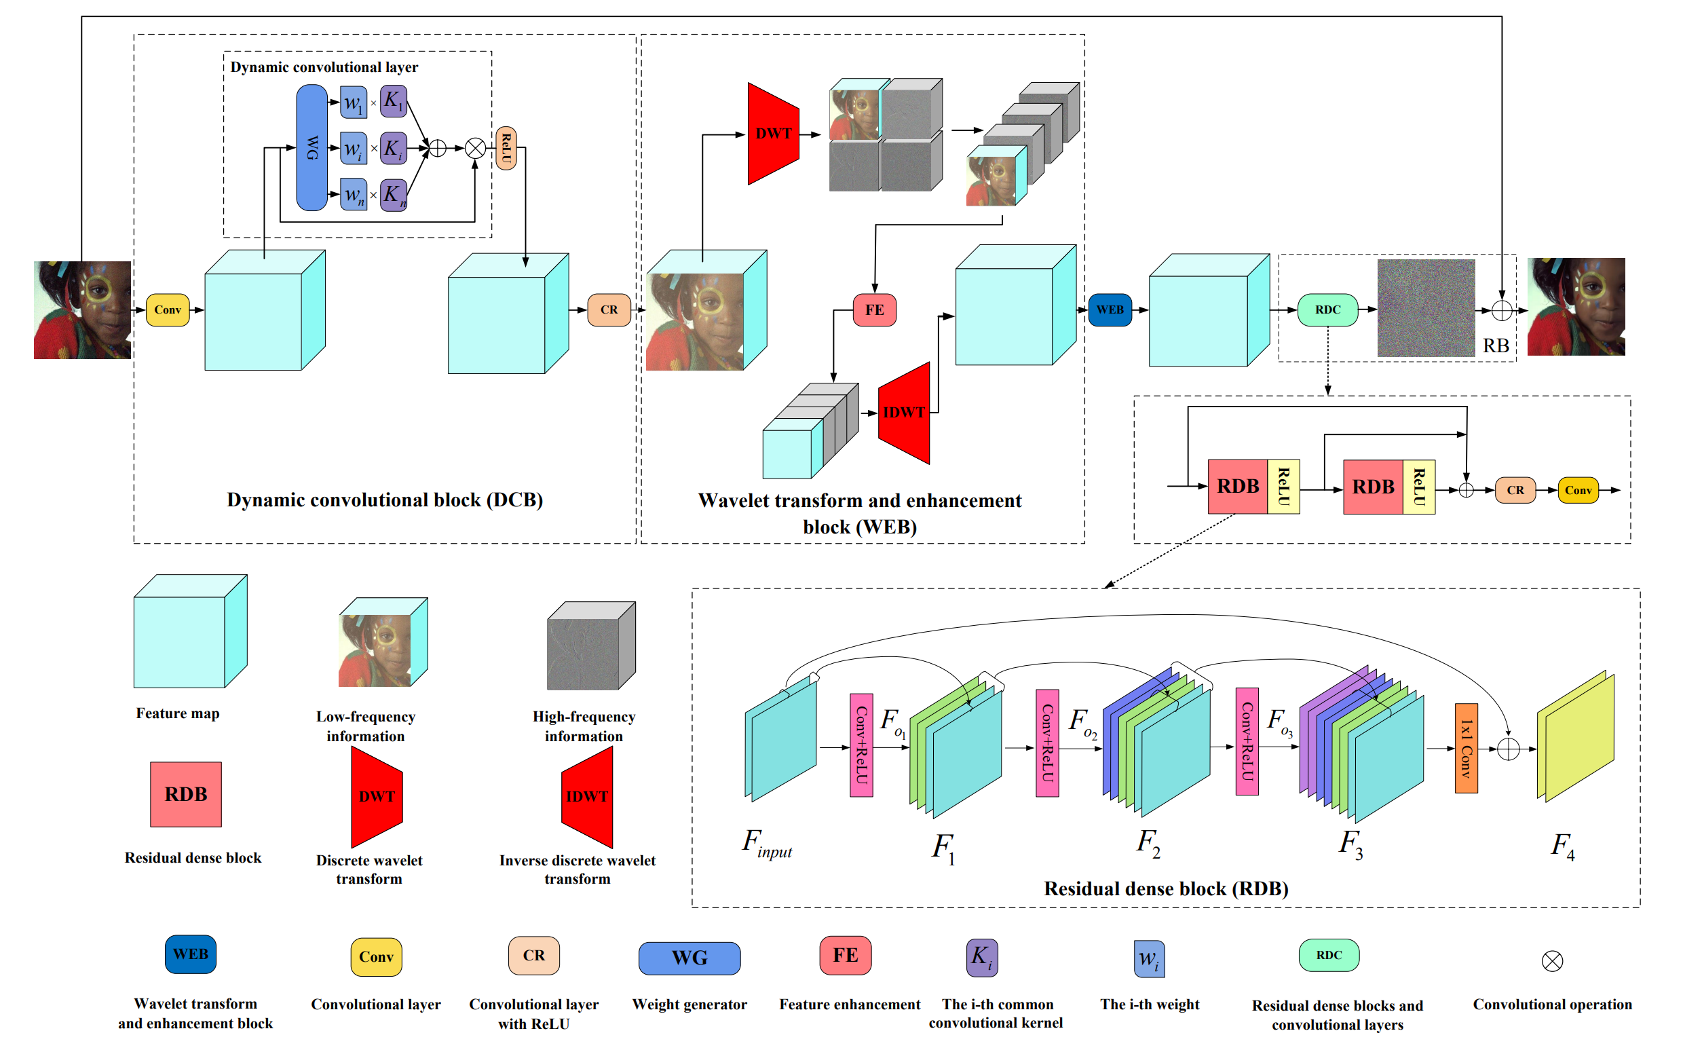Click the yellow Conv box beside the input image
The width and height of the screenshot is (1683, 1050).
point(168,310)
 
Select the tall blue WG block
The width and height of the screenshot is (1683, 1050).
point(311,147)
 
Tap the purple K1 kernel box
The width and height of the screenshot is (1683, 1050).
point(394,101)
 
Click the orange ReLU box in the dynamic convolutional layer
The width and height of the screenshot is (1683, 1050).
point(506,148)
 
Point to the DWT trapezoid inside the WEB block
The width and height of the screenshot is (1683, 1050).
point(773,133)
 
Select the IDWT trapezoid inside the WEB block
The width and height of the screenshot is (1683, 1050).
point(903,413)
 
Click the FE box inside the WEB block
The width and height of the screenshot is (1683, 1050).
point(874,310)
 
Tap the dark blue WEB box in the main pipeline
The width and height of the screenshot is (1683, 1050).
point(1110,310)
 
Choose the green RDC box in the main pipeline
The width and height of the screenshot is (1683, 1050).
point(1327,310)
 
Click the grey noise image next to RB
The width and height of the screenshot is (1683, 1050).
point(1425,307)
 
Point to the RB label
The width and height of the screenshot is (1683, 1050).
point(1496,346)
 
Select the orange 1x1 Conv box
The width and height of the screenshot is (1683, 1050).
point(1466,748)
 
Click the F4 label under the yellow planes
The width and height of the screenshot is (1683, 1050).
point(1562,846)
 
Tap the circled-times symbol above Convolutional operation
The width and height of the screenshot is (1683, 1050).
point(1552,961)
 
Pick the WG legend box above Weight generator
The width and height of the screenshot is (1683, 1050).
point(689,958)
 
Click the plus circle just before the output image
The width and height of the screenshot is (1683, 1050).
point(1501,310)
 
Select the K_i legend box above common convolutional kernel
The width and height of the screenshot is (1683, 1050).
point(982,958)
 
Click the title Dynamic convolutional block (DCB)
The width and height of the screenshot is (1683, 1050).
point(385,500)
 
